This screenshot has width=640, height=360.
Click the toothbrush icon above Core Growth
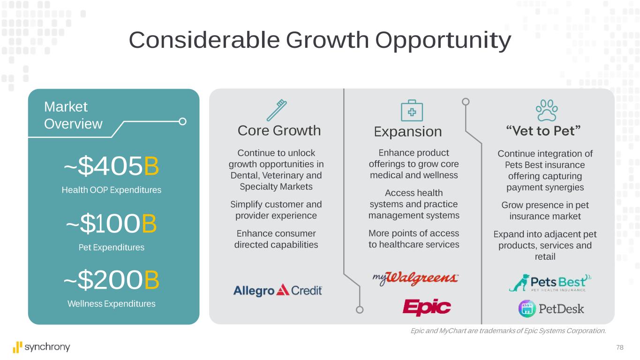277,110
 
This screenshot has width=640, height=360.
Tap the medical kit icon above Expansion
412,111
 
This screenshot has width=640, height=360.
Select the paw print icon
547,111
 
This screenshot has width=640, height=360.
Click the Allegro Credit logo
278,290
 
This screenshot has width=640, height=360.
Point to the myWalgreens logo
415,278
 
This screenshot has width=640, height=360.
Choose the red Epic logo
427,307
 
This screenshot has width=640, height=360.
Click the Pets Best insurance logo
550,283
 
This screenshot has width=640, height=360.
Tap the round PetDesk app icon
527,309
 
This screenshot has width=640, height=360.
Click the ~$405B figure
111,166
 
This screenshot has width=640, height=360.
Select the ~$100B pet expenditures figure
111,223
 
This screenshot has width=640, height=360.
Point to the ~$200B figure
111,280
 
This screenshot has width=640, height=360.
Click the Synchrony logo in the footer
41,347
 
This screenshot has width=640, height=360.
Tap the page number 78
620,347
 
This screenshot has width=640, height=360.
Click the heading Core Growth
279,131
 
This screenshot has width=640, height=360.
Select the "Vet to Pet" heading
543,131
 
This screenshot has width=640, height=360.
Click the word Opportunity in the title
443,41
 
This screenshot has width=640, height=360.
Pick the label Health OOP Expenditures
112,190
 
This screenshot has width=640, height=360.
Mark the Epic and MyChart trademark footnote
508,331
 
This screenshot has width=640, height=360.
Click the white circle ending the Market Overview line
182,122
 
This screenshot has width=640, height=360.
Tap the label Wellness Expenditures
112,304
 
